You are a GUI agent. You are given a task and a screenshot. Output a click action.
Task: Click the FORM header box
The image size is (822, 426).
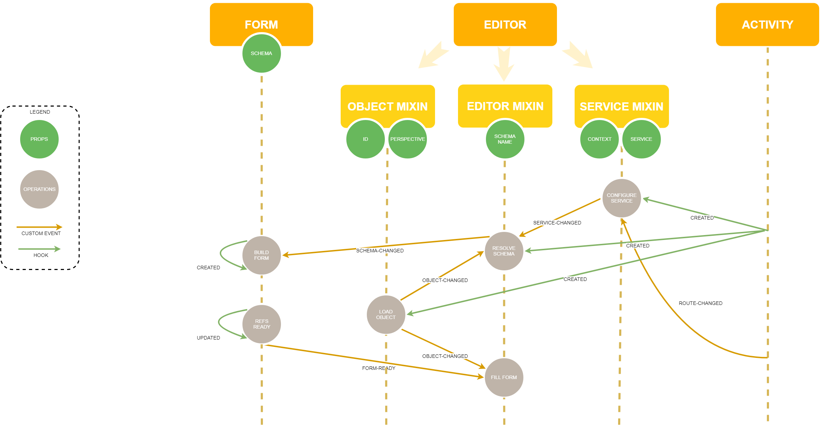261,18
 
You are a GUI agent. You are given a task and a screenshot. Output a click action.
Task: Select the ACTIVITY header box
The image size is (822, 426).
767,24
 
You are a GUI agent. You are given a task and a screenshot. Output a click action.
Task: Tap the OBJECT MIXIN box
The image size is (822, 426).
387,102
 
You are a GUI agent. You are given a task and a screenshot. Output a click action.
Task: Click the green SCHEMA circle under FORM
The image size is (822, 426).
261,54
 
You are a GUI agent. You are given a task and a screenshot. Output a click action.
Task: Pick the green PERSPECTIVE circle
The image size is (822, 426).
407,139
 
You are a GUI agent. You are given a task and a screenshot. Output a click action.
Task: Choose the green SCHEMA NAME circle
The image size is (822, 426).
505,139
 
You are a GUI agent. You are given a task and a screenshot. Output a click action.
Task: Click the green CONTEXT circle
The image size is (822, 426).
599,139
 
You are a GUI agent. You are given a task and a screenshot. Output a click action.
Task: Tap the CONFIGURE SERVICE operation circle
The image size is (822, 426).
621,198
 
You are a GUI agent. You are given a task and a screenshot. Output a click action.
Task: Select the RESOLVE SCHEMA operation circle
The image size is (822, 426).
504,251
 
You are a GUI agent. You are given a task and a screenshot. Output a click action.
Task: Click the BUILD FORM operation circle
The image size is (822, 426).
261,255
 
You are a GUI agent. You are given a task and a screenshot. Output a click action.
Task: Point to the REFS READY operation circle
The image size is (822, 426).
261,324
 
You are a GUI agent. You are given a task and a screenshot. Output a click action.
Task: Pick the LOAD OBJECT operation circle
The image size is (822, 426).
386,314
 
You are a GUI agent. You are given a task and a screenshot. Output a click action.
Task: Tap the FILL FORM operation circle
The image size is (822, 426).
504,377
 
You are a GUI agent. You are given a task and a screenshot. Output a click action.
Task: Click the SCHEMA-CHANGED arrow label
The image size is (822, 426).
380,251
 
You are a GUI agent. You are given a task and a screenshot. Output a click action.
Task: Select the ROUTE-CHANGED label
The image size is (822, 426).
700,303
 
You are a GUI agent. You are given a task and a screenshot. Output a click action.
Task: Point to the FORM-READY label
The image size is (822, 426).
378,368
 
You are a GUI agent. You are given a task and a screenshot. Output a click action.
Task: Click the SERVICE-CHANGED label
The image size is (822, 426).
557,223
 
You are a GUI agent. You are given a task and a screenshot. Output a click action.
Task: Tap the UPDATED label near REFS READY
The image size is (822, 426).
208,338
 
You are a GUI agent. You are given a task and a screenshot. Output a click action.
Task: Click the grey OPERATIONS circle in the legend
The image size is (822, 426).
39,189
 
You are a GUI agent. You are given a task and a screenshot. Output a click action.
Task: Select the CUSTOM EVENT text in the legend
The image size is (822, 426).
41,233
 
